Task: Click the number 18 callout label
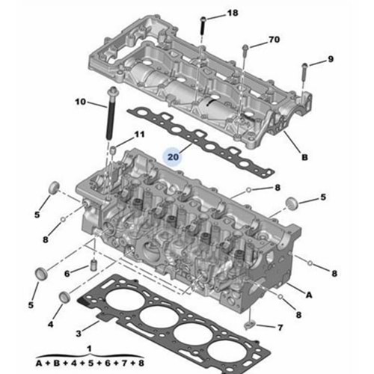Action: (x=232, y=13)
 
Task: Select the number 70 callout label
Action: (x=273, y=39)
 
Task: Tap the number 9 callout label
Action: (x=331, y=59)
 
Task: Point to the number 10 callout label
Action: (x=81, y=101)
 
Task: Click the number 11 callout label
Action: (x=138, y=134)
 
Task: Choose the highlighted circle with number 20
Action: (x=174, y=157)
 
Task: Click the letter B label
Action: (x=304, y=158)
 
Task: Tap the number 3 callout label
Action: (x=79, y=331)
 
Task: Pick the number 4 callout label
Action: (x=50, y=324)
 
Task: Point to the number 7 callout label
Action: (x=280, y=328)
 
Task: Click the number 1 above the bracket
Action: (x=90, y=349)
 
